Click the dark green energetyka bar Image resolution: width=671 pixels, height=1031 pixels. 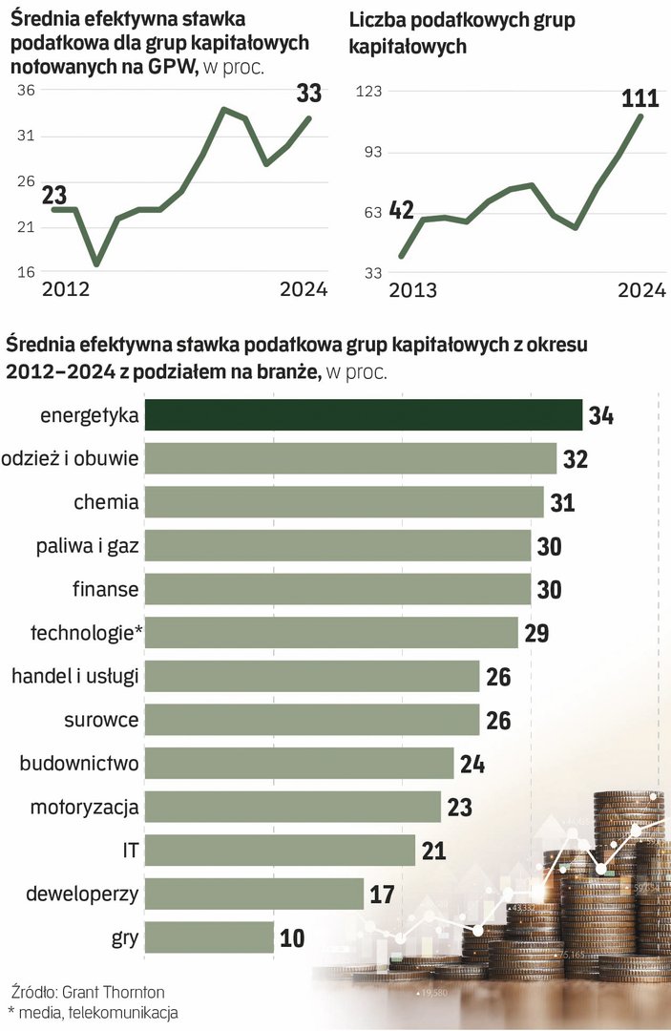pos(364,415)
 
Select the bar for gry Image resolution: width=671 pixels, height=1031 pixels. pos(210,937)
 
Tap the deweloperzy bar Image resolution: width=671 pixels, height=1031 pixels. pos(255,894)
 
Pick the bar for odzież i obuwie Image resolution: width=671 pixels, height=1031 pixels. pos(351,459)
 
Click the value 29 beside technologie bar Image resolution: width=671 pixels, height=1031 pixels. pos(536,633)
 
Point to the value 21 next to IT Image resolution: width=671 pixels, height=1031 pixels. pos(434,851)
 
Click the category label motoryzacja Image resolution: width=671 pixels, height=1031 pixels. pos(84,808)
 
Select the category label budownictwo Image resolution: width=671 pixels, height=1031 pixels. pos(80,764)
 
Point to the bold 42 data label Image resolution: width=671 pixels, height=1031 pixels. pos(402,208)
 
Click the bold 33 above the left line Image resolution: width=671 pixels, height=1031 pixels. pos(308,94)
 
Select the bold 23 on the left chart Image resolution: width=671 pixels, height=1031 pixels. pos(53,195)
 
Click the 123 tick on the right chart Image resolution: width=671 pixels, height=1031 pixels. pos(368,91)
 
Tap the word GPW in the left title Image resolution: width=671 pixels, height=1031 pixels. pos(178,67)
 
